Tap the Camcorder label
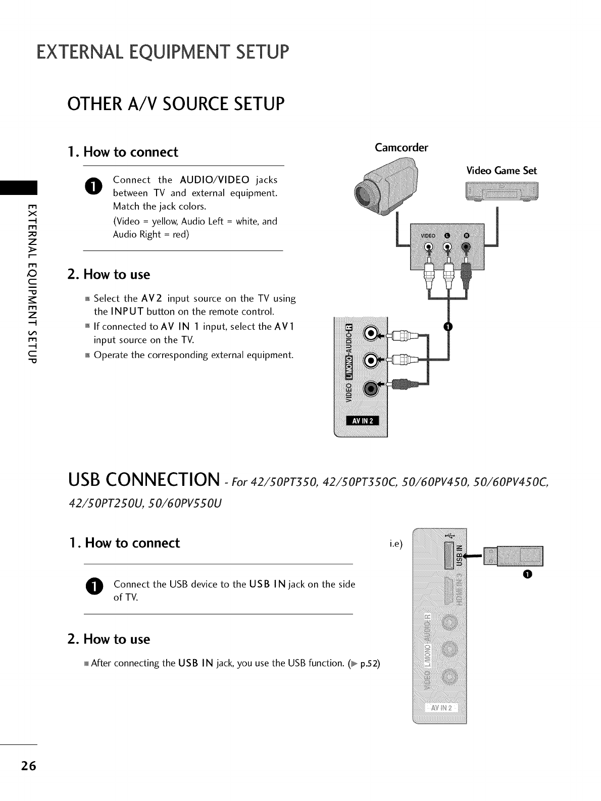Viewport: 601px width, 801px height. point(401,147)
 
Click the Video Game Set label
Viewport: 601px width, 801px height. point(501,170)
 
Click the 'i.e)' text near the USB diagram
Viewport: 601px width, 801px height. point(395,544)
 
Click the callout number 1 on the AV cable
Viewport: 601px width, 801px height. point(447,327)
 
